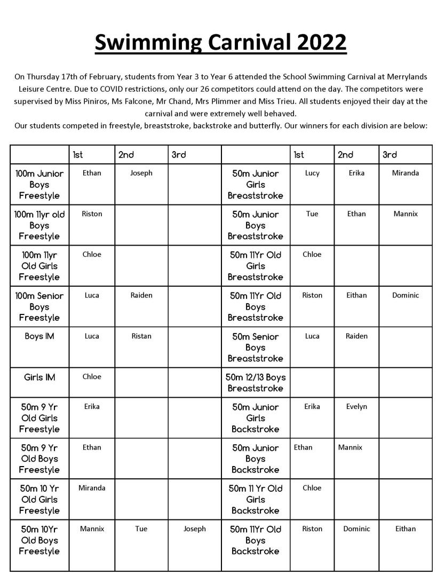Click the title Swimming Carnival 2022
(x=221, y=43)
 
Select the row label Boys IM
(x=39, y=336)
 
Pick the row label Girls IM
(x=39, y=377)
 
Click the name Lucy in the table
(x=312, y=173)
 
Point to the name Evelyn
(x=356, y=406)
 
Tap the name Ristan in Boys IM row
(x=141, y=336)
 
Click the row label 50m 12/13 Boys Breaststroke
(x=256, y=383)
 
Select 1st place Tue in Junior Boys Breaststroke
(x=312, y=214)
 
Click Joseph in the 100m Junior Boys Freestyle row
(x=141, y=173)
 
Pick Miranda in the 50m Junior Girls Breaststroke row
(x=406, y=173)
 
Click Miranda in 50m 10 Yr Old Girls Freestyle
(x=92, y=487)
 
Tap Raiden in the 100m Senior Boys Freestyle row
(x=141, y=295)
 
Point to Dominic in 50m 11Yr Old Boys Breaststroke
(x=406, y=295)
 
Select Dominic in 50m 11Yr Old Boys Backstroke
(x=356, y=528)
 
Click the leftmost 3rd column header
(x=179, y=155)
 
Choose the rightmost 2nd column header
(x=346, y=155)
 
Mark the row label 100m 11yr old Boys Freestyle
(x=39, y=225)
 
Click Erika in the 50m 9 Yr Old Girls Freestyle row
(x=92, y=406)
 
